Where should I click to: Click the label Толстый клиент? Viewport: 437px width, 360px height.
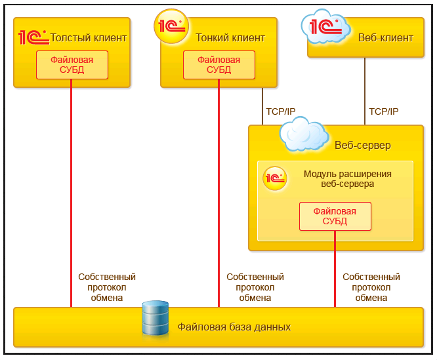89,38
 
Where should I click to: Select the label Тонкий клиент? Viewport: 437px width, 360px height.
230,38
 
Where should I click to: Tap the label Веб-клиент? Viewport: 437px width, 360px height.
386,38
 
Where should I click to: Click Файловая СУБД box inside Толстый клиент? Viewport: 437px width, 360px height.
72,65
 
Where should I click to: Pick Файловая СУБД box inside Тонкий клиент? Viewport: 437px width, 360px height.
219,65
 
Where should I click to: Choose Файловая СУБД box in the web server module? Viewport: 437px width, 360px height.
335,216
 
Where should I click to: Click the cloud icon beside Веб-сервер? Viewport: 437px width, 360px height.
304,134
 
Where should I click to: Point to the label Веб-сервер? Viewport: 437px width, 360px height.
363,146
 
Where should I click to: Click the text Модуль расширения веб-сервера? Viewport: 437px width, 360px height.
348,179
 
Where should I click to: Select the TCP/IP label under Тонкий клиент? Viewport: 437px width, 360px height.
280,112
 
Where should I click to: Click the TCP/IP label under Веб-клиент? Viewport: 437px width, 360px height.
384,112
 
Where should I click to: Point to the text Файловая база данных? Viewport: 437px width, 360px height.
234,327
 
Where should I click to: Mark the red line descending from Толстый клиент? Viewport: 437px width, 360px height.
72,197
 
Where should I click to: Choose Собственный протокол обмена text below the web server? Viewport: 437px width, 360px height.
371,287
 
